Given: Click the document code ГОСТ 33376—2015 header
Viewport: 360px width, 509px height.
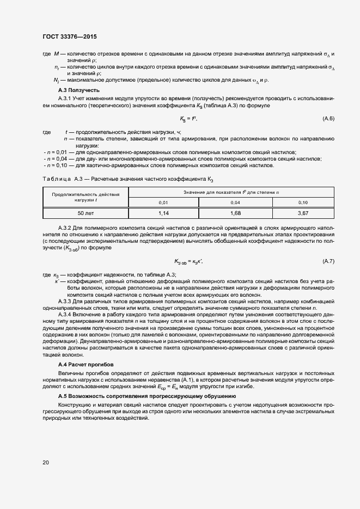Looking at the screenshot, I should [x=70, y=38].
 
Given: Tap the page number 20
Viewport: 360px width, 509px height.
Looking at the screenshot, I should [x=45, y=463].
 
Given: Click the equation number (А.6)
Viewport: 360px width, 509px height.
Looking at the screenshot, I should [x=328, y=119].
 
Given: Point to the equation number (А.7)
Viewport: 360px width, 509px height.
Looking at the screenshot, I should [x=328, y=261].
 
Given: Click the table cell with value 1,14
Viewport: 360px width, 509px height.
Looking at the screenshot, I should [x=163, y=213].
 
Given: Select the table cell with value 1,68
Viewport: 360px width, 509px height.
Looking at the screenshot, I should [x=235, y=213].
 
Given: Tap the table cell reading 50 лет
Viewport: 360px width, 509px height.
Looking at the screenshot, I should [x=85, y=213].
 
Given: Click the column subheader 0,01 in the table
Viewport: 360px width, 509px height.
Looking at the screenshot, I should [x=163, y=202].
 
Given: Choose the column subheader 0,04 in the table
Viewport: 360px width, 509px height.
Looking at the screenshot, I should [x=235, y=202].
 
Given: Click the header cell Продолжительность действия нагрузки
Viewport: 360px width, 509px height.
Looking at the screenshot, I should [x=85, y=197].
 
